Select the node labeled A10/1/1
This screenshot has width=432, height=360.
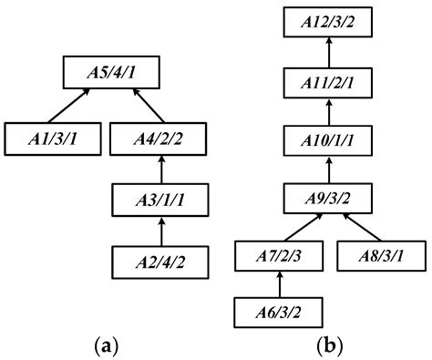pyautogui.click(x=325, y=142)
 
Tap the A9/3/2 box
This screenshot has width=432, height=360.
pyautogui.click(x=325, y=198)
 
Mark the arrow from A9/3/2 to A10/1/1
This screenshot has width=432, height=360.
pyautogui.click(x=325, y=170)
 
